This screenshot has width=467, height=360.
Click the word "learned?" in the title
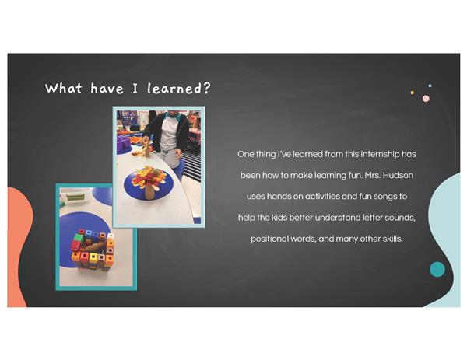[x=179, y=89]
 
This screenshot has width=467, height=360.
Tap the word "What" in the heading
[x=64, y=89]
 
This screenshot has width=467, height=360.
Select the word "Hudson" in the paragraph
[x=398, y=175]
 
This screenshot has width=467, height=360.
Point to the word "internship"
[x=380, y=155]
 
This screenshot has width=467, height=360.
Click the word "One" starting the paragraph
[x=246, y=154]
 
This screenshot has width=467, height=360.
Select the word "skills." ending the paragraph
[x=392, y=239]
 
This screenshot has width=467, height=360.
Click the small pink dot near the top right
[x=426, y=99]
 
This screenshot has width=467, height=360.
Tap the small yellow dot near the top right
[x=413, y=93]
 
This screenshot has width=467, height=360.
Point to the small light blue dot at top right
[x=430, y=86]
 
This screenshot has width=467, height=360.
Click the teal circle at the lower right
[x=437, y=270]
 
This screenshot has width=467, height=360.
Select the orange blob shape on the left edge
[x=19, y=244]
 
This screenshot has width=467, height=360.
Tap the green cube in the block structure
[x=79, y=238]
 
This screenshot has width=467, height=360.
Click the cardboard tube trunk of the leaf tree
[x=149, y=193]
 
